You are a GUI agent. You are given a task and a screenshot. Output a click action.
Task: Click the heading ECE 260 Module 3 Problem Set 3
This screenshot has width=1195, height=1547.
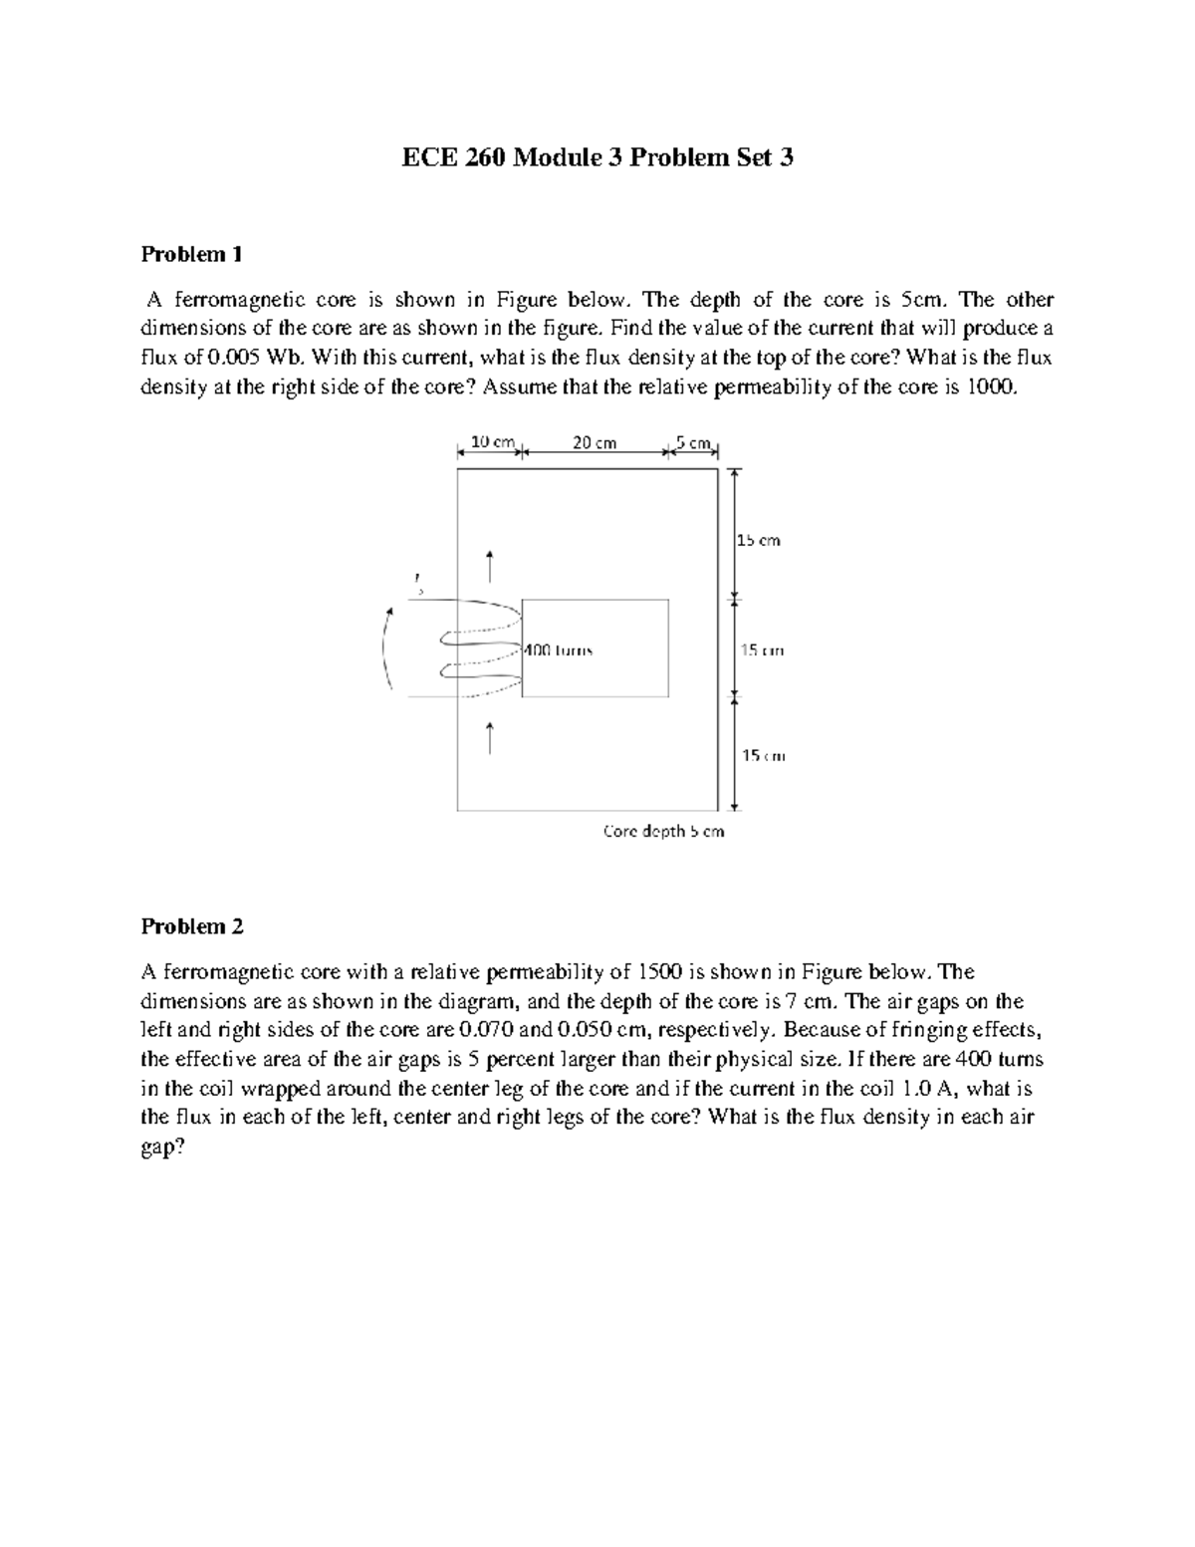coord(597,157)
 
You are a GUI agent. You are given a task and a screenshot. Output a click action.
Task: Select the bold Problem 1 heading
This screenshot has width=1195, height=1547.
coord(191,254)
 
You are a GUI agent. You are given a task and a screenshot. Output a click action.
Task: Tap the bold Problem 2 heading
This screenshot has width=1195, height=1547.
coord(191,926)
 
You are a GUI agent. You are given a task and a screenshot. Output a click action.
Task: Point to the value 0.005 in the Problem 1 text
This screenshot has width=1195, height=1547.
coord(211,358)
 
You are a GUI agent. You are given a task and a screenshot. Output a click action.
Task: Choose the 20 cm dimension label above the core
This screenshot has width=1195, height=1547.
coord(595,442)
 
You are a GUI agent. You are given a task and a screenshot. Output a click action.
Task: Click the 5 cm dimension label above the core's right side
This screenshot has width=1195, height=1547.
coord(693,442)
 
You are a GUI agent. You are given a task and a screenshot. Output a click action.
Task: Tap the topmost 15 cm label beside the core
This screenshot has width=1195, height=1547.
coord(759,541)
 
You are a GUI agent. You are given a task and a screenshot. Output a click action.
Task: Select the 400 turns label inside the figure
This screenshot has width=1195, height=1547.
coord(558,650)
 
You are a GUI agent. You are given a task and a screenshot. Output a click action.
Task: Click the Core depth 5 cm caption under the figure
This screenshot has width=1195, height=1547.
coord(664,831)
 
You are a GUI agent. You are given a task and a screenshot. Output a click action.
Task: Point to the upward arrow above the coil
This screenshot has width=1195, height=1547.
coord(489,565)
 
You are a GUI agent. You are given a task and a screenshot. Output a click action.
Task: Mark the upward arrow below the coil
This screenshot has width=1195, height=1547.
coord(489,738)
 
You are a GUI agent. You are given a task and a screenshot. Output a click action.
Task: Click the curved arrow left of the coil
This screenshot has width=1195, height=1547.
coord(386,647)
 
